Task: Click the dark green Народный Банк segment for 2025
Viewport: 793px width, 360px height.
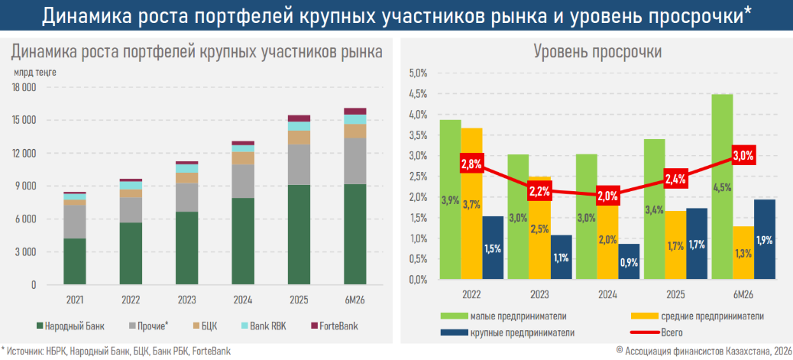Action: [299, 235]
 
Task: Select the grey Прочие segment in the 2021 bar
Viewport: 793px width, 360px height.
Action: [75, 222]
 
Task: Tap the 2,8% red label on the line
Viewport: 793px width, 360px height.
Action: [472, 164]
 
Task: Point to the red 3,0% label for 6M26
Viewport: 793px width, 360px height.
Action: [743, 156]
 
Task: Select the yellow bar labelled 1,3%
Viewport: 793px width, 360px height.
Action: [743, 253]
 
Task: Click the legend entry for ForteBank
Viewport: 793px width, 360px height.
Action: [333, 326]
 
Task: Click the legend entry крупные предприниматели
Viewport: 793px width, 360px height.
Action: [508, 333]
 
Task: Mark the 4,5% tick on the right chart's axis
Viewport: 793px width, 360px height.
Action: [417, 94]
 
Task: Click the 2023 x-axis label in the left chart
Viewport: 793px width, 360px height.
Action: [186, 300]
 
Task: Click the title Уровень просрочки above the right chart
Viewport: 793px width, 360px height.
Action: [597, 52]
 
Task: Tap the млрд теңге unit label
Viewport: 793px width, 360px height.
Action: [35, 73]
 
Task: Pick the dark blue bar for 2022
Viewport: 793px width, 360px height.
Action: [493, 248]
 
